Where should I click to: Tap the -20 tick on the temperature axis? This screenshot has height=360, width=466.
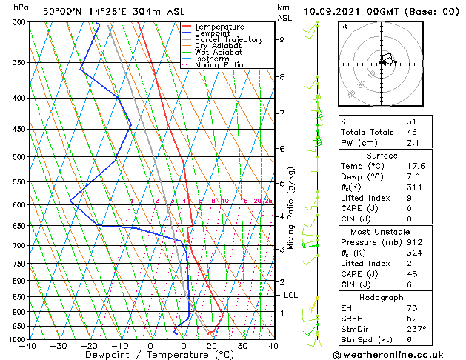[x=89, y=345]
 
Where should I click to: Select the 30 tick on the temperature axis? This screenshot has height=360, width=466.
[x=242, y=345]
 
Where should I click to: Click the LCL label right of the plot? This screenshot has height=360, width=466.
[x=291, y=295]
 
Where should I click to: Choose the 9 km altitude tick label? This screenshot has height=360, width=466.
[x=282, y=40]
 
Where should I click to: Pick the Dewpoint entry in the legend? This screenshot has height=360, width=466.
[x=212, y=33]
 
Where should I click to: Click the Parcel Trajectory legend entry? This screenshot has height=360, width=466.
[x=228, y=40]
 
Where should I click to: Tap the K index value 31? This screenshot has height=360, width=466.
[x=411, y=121]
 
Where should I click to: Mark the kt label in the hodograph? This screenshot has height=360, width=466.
[x=344, y=26]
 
